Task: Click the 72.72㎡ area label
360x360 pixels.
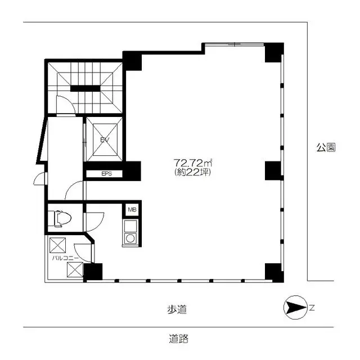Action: (x=192, y=163)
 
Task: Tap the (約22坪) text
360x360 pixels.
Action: (x=192, y=172)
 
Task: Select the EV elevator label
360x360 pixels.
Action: (x=105, y=139)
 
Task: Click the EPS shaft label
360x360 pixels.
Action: (x=106, y=174)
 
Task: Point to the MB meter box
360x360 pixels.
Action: (x=132, y=210)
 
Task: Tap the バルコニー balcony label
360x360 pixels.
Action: (x=65, y=258)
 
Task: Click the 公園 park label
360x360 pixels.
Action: (x=326, y=147)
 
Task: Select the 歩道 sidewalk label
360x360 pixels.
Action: (x=177, y=309)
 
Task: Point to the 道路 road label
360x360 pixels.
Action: (x=179, y=339)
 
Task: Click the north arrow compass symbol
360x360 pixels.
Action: (x=295, y=307)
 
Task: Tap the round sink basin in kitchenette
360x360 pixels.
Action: (x=130, y=238)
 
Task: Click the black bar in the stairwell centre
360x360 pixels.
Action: (x=85, y=88)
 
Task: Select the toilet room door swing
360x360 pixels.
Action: (x=94, y=222)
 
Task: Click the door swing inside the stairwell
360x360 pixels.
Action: (x=66, y=105)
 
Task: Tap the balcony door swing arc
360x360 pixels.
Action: (x=84, y=253)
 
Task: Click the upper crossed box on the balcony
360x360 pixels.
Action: (x=57, y=245)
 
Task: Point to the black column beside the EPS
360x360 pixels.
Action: (x=133, y=171)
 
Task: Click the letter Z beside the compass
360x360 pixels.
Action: (x=312, y=308)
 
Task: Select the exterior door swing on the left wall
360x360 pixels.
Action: (x=39, y=178)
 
